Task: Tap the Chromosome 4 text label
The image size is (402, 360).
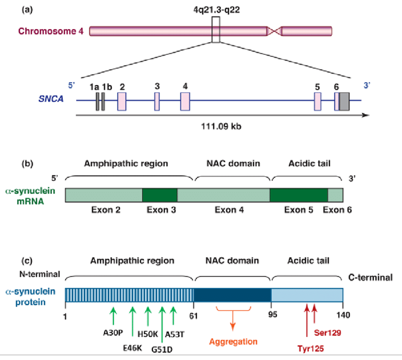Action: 50,32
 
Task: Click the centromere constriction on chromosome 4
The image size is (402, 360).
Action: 274,32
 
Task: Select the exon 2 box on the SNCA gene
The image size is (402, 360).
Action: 122,101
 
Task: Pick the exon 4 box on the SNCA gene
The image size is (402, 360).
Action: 185,101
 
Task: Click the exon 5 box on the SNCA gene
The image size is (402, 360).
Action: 318,101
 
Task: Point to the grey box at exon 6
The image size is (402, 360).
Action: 344,101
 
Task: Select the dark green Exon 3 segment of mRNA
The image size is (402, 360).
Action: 159,196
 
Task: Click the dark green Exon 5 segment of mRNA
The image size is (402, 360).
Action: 298,196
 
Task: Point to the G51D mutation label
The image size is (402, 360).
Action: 162,350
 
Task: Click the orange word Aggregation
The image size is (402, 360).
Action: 234,342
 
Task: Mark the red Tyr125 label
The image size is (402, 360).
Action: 310,350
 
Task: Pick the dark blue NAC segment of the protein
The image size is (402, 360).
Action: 232,295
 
